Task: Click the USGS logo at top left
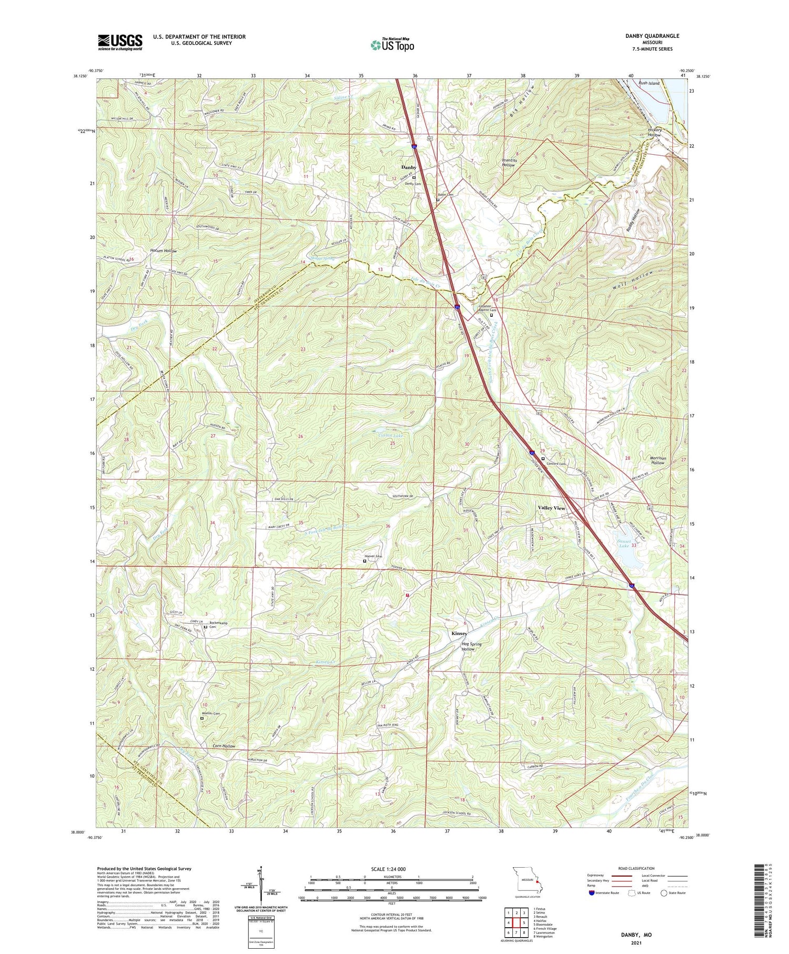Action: pyautogui.click(x=120, y=42)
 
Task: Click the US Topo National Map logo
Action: pyautogui.click(x=392, y=45)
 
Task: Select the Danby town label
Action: pyautogui.click(x=409, y=167)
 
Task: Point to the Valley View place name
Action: pyautogui.click(x=551, y=508)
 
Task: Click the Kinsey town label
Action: pyautogui.click(x=459, y=634)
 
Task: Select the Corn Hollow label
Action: pyautogui.click(x=224, y=746)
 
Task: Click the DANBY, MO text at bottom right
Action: pyautogui.click(x=635, y=935)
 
